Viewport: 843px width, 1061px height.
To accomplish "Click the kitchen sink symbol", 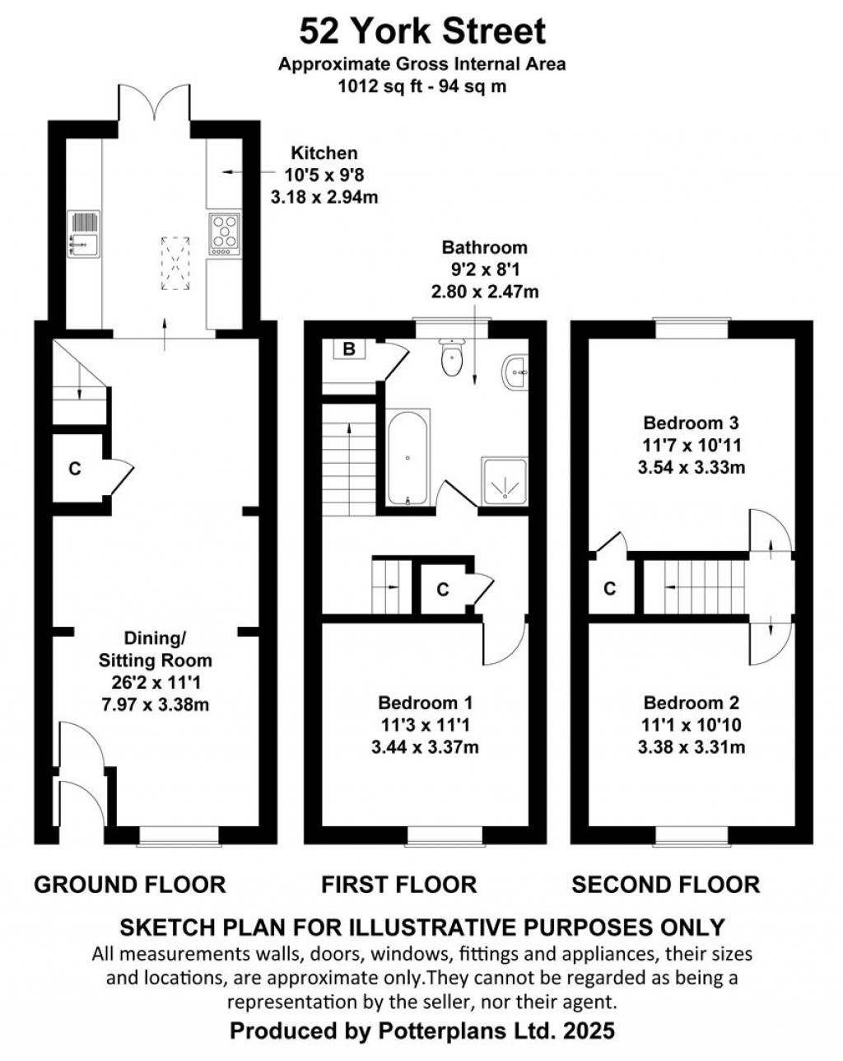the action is (83, 234).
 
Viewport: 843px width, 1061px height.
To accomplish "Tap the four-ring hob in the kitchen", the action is (225, 234).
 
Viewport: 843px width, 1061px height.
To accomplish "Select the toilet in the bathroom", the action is (451, 357).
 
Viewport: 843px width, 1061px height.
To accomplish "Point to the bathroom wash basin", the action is (515, 372).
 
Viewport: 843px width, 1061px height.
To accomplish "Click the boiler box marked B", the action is (349, 349).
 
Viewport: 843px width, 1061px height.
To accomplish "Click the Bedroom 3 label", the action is (691, 423).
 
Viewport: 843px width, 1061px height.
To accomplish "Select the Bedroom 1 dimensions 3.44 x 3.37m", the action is (425, 747).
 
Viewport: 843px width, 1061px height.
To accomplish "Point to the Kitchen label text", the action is (324, 153).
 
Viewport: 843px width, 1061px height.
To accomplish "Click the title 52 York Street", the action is (422, 31).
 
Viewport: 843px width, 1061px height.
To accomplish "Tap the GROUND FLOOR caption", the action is (129, 885).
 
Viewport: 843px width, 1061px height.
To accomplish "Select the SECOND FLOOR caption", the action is (666, 885).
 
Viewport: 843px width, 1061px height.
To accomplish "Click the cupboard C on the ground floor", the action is (75, 469).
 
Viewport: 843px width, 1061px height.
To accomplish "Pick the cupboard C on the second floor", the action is (609, 588).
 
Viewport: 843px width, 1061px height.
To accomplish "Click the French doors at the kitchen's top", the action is (154, 101).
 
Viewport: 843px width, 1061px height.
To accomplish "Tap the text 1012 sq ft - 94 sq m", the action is (421, 86).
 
